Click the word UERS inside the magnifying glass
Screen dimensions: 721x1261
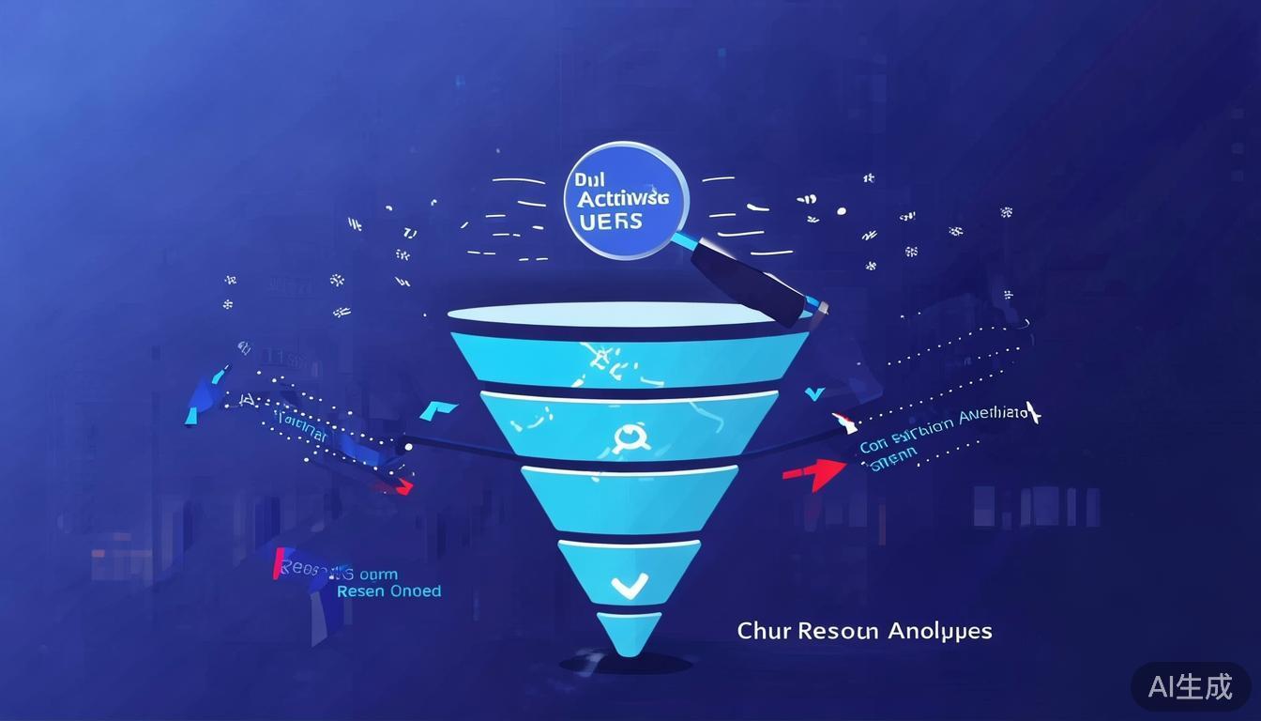pyautogui.click(x=612, y=222)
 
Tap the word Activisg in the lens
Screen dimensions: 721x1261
pyautogui.click(x=623, y=198)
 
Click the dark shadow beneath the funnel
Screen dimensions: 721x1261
pyautogui.click(x=626, y=664)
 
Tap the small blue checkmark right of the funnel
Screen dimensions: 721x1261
pyautogui.click(x=813, y=394)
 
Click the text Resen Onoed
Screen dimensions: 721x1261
pyautogui.click(x=387, y=591)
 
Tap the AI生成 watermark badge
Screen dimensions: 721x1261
pyautogui.click(x=1190, y=686)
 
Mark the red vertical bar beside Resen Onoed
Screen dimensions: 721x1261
pyautogui.click(x=278, y=563)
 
